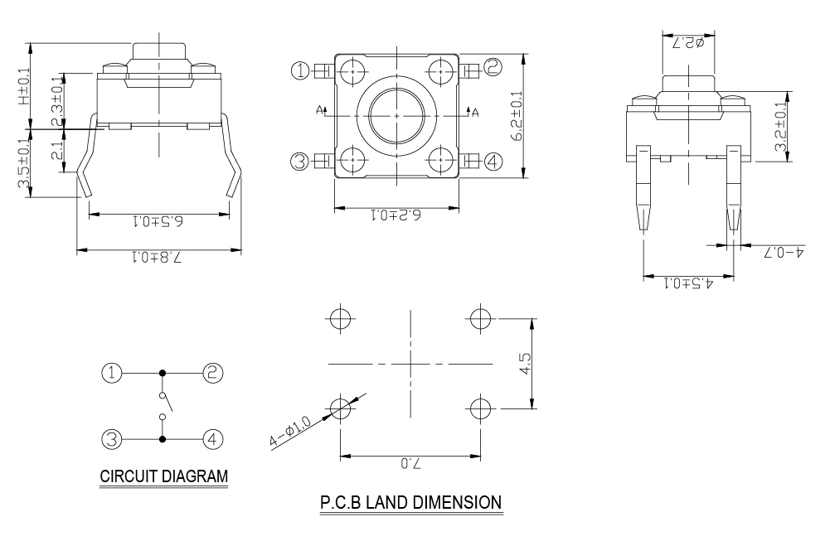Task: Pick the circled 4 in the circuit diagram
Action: click(x=213, y=438)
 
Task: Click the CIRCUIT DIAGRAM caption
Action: click(x=163, y=477)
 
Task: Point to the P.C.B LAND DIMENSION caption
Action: click(x=410, y=502)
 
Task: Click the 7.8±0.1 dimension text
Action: click(x=158, y=258)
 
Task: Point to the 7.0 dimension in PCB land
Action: click(x=410, y=465)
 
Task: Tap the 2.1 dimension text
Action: click(x=57, y=152)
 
